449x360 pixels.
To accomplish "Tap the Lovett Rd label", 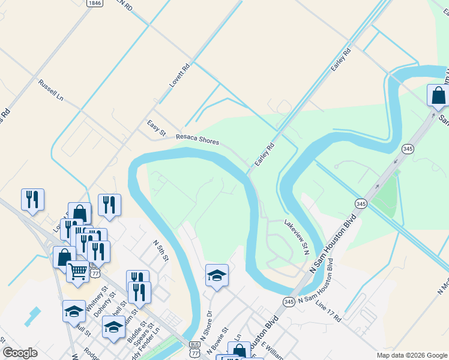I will tap(179, 76).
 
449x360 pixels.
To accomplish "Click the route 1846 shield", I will tap(94, 3).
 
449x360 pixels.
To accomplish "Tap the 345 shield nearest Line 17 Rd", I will tap(289, 302).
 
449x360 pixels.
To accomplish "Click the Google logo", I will tap(20, 353).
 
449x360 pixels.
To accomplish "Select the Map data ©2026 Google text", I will tap(412, 355).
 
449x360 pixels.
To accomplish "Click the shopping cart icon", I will tap(77, 271).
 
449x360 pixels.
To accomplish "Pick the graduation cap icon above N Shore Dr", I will tap(217, 275).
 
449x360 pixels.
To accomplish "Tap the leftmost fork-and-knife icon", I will tap(32, 199).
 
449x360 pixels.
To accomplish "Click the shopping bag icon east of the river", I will tap(438, 95).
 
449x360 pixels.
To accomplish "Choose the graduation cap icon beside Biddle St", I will tap(113, 327).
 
